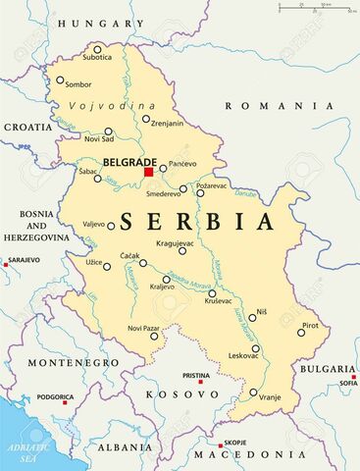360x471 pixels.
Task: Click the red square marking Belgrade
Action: point(149,172)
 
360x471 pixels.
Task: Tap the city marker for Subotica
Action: point(97,49)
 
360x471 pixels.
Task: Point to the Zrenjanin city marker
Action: point(146,120)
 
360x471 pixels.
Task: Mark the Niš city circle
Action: point(251,317)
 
